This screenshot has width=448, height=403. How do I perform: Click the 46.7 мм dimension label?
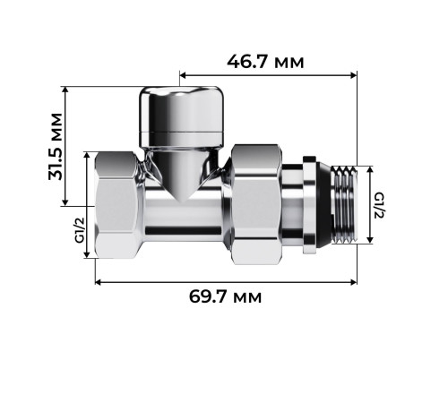pyautogui.click(x=265, y=62)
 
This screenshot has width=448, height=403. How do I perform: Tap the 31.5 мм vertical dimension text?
pyautogui.click(x=57, y=146)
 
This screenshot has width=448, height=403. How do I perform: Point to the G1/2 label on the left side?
pyautogui.click(x=79, y=229)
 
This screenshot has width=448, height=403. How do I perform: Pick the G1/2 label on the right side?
pyautogui.click(x=379, y=205)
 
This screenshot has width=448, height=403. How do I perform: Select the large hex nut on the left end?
pyautogui.click(x=118, y=205)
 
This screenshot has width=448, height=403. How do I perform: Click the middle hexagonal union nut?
pyautogui.click(x=254, y=205)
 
